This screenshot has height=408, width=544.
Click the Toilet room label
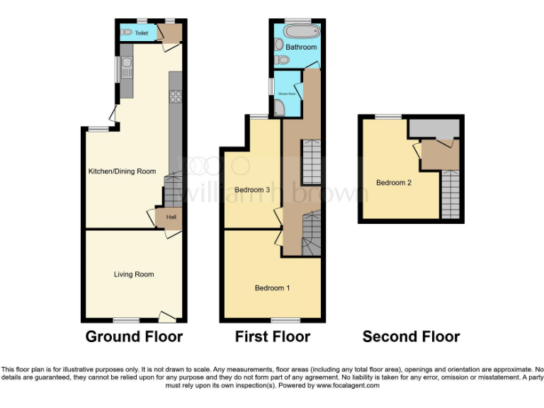pyautogui.click(x=142, y=33)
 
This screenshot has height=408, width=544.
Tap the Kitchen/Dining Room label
pyautogui.click(x=122, y=171)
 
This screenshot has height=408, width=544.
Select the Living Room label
pyautogui.click(x=134, y=274)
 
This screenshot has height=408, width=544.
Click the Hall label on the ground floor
pyautogui.click(x=171, y=217)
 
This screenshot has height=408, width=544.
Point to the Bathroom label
pyautogui.click(x=301, y=47)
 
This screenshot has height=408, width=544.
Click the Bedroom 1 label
pyautogui.click(x=273, y=288)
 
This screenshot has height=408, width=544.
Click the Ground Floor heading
pyautogui.click(x=134, y=336)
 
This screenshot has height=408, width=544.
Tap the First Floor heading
pyautogui.click(x=273, y=336)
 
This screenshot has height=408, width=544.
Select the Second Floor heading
pyautogui.click(x=411, y=336)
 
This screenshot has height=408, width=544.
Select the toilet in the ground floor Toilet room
pyautogui.click(x=127, y=32)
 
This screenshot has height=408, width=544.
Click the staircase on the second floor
pyautogui.click(x=450, y=195)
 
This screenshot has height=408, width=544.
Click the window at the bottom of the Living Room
pyautogui.click(x=127, y=320)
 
